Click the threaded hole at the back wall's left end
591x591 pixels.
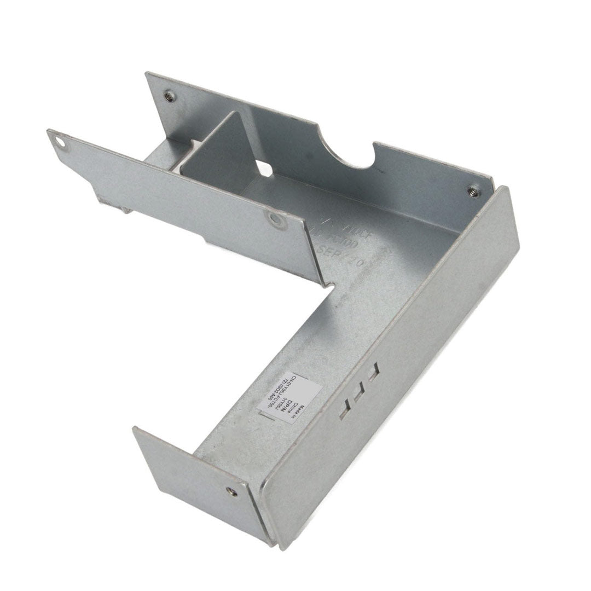(170, 96)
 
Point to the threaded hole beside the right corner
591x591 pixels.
(472, 192)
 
